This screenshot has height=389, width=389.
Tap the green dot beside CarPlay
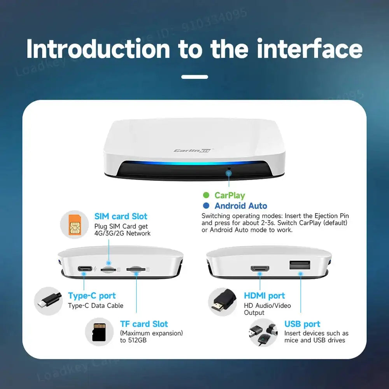(x=206, y=195)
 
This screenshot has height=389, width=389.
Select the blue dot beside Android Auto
(x=206, y=206)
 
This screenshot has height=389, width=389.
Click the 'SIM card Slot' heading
(x=121, y=216)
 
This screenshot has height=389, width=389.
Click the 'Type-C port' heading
(x=92, y=296)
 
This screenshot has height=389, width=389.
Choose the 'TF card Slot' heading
(x=144, y=324)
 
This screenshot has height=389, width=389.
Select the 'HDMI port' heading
(x=265, y=296)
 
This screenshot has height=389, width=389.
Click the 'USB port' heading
(x=302, y=324)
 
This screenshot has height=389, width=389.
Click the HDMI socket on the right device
(x=260, y=269)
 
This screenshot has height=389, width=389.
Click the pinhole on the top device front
(x=229, y=169)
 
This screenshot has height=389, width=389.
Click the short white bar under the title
(x=194, y=77)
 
